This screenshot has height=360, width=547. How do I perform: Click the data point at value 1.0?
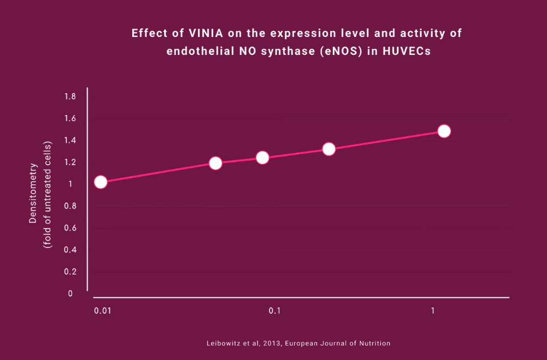(x=100, y=182)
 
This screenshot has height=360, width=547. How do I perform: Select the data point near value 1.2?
(x=215, y=163)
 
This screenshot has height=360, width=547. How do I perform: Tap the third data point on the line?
(x=262, y=158)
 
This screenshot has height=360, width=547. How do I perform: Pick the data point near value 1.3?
(x=328, y=149)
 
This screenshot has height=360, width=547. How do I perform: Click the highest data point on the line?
(x=444, y=131)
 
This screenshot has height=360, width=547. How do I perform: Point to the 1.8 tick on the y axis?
(x=70, y=97)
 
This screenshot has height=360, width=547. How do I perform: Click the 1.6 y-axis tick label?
(x=70, y=119)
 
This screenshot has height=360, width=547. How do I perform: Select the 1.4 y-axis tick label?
(x=70, y=140)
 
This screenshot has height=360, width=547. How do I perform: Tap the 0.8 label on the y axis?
(x=70, y=206)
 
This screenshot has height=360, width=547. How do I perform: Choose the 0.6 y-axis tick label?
(x=70, y=228)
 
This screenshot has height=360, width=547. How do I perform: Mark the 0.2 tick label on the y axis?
(x=70, y=272)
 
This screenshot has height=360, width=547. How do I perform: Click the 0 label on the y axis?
(x=70, y=294)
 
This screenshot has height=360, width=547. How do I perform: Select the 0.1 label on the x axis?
(x=274, y=311)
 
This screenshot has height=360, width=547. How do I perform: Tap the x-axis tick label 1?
(x=433, y=311)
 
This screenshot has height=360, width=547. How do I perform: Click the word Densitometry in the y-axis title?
(x=33, y=191)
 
